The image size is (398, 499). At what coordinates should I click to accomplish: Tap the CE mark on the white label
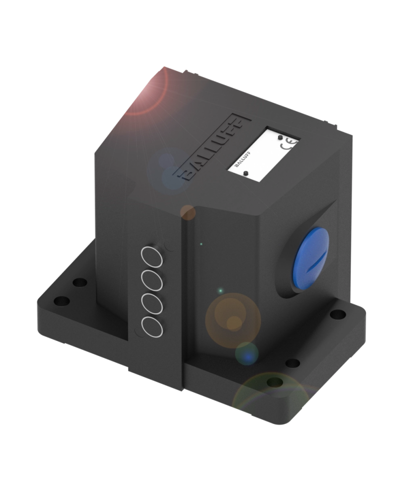pyautogui.click(x=289, y=145)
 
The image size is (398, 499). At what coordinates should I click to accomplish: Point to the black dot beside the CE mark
pyautogui.click(x=280, y=137)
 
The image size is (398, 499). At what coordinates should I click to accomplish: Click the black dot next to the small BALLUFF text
pyautogui.click(x=246, y=173)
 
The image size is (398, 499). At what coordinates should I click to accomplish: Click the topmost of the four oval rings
pyautogui.click(x=152, y=257)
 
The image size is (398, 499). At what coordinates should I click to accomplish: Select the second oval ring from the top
pyautogui.click(x=152, y=280)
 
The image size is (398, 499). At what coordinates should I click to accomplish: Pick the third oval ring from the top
pyautogui.click(x=152, y=303)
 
